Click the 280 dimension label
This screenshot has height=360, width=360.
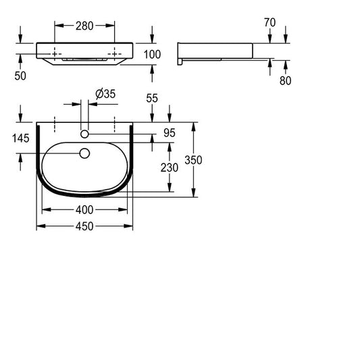tap(84, 26)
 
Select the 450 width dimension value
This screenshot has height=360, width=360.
tap(84, 226)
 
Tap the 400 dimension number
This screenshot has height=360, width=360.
tap(84, 209)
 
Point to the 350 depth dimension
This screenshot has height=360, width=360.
tap(193, 160)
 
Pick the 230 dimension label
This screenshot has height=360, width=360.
tap(170, 168)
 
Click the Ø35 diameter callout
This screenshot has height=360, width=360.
tap(105, 94)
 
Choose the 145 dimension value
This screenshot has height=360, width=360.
tap(21, 138)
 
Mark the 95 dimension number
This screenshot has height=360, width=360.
tap(170, 133)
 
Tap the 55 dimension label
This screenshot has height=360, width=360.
tap(152, 98)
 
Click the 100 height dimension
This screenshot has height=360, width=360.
tap(152, 55)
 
